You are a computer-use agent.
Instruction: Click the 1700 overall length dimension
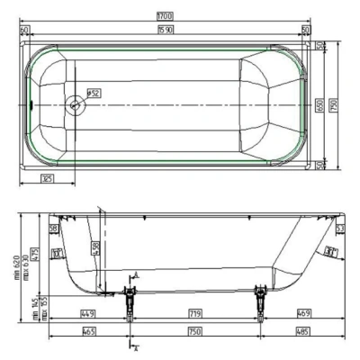point(165,16)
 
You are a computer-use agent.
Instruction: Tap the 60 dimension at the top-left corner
point(24,31)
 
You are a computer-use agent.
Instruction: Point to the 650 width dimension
point(319,104)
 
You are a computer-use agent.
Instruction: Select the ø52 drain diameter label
point(94,92)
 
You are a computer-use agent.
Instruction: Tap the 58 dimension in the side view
point(54,230)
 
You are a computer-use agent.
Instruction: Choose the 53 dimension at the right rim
point(341,230)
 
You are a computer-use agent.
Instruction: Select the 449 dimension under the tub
point(88,314)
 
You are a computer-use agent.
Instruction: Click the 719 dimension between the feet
point(193,314)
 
